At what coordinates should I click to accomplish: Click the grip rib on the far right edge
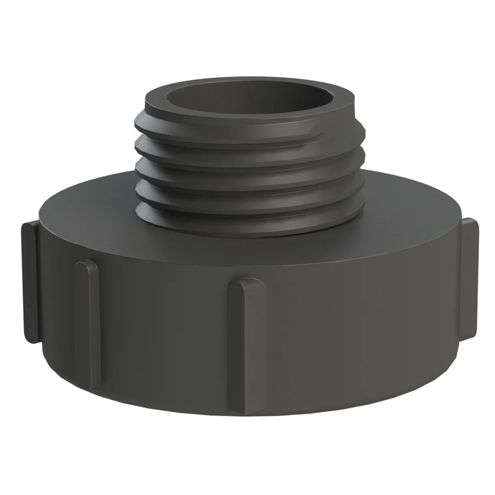pos(470,278)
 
